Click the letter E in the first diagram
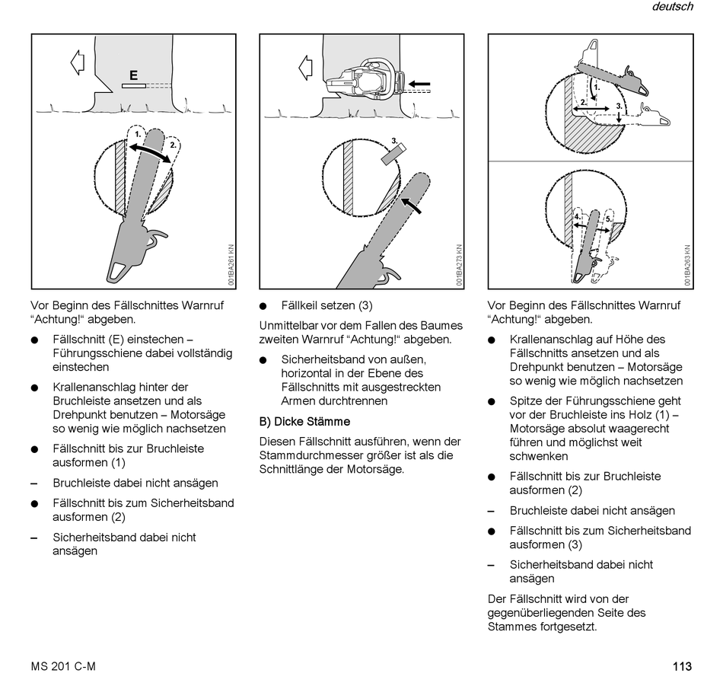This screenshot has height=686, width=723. [x=133, y=75]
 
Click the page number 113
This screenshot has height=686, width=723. [x=682, y=666]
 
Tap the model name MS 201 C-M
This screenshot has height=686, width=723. [x=63, y=666]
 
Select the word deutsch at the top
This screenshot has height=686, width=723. [x=672, y=7]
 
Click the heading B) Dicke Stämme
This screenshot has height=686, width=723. [x=304, y=421]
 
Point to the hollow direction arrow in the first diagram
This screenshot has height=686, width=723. [x=77, y=62]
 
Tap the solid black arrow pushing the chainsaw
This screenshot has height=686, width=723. [x=419, y=83]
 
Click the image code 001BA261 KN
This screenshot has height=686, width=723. [x=231, y=264]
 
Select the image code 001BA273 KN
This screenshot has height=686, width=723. [x=459, y=264]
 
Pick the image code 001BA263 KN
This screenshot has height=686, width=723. [x=687, y=264]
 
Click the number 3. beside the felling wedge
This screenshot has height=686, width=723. [x=395, y=141]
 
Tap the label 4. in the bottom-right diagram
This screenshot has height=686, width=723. [x=578, y=217]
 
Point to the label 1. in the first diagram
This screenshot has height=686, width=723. [x=138, y=134]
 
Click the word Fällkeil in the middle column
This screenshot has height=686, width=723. [x=299, y=305]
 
